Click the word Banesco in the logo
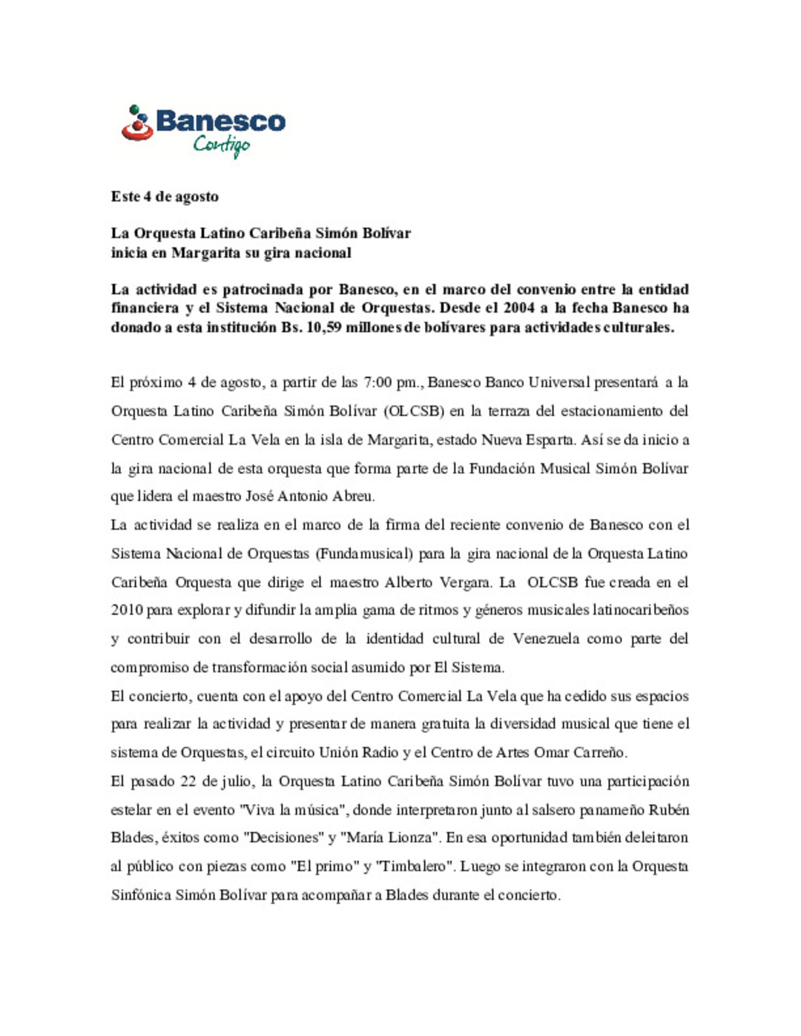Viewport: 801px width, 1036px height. pyautogui.click(x=220, y=121)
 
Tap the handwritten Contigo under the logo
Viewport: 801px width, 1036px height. pyautogui.click(x=221, y=145)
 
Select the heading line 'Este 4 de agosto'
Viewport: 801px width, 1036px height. pyautogui.click(x=165, y=196)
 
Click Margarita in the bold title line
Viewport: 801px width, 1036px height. pyautogui.click(x=206, y=253)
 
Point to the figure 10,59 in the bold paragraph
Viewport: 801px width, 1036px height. pyautogui.click(x=325, y=328)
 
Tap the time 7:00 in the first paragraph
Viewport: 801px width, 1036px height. pyautogui.click(x=378, y=382)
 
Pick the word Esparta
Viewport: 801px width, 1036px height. pyautogui.click(x=550, y=439)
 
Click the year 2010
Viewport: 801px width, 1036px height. pyautogui.click(x=127, y=611)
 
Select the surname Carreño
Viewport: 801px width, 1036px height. pyautogui.click(x=599, y=753)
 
